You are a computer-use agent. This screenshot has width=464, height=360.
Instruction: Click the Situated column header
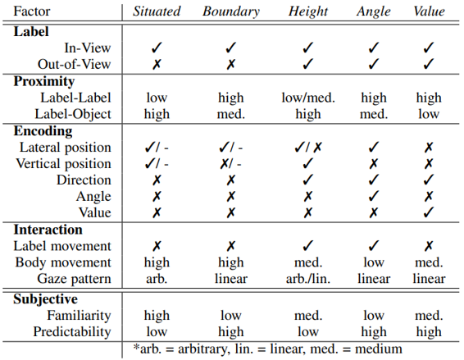coord(157,11)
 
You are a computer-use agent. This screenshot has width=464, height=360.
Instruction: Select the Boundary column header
coord(231,11)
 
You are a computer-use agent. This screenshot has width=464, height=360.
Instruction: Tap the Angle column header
coord(374,12)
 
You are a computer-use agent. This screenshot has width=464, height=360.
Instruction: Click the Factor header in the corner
coord(32,11)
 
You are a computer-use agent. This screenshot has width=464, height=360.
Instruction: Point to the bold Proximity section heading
coord(44,81)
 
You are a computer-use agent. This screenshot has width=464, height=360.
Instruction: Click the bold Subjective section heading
coord(45,299)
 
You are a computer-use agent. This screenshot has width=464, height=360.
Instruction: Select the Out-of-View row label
coord(74,64)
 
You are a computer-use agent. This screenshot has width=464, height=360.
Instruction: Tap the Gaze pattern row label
coord(74,279)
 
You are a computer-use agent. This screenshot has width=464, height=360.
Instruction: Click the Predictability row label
coord(72,331)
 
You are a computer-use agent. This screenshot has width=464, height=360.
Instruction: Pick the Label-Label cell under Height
coord(308,98)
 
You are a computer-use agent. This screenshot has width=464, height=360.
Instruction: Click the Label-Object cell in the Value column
coord(429,114)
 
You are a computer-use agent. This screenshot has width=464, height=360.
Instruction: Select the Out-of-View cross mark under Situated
coord(157,64)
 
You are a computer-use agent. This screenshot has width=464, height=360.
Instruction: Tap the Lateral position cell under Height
coord(308,147)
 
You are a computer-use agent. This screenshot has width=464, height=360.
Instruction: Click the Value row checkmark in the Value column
coord(429,212)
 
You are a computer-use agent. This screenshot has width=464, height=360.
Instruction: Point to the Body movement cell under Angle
coord(374,262)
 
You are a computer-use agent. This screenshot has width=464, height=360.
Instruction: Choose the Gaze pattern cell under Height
coord(308,279)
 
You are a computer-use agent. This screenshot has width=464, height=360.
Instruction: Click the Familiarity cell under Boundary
coord(231,315)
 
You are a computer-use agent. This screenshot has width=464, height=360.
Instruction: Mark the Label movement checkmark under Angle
coord(374,245)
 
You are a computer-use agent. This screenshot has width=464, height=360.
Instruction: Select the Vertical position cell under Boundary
coord(231,164)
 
